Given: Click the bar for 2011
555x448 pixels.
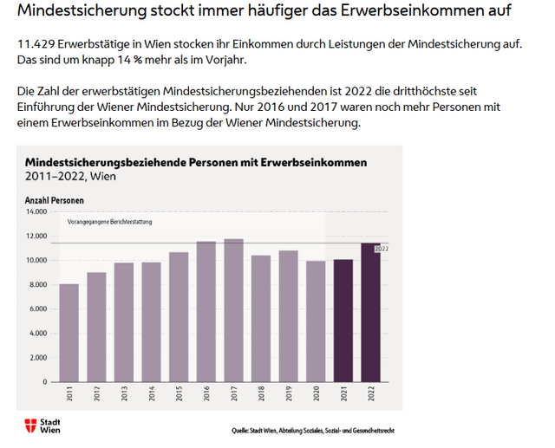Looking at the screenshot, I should [69, 333].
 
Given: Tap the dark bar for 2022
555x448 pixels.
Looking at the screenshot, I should [371, 312].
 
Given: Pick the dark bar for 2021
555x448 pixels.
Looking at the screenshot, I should [343, 321].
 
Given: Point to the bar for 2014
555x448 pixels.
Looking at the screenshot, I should [151, 321].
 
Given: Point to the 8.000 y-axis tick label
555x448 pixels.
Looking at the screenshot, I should [37, 284].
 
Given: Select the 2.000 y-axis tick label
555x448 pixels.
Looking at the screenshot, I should [37, 358].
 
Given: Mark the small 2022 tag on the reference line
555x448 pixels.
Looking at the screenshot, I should [380, 249].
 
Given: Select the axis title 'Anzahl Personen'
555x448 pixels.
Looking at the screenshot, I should [54, 199].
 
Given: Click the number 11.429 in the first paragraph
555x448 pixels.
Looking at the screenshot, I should [35, 44].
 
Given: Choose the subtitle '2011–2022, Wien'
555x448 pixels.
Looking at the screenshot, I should [70, 176].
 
